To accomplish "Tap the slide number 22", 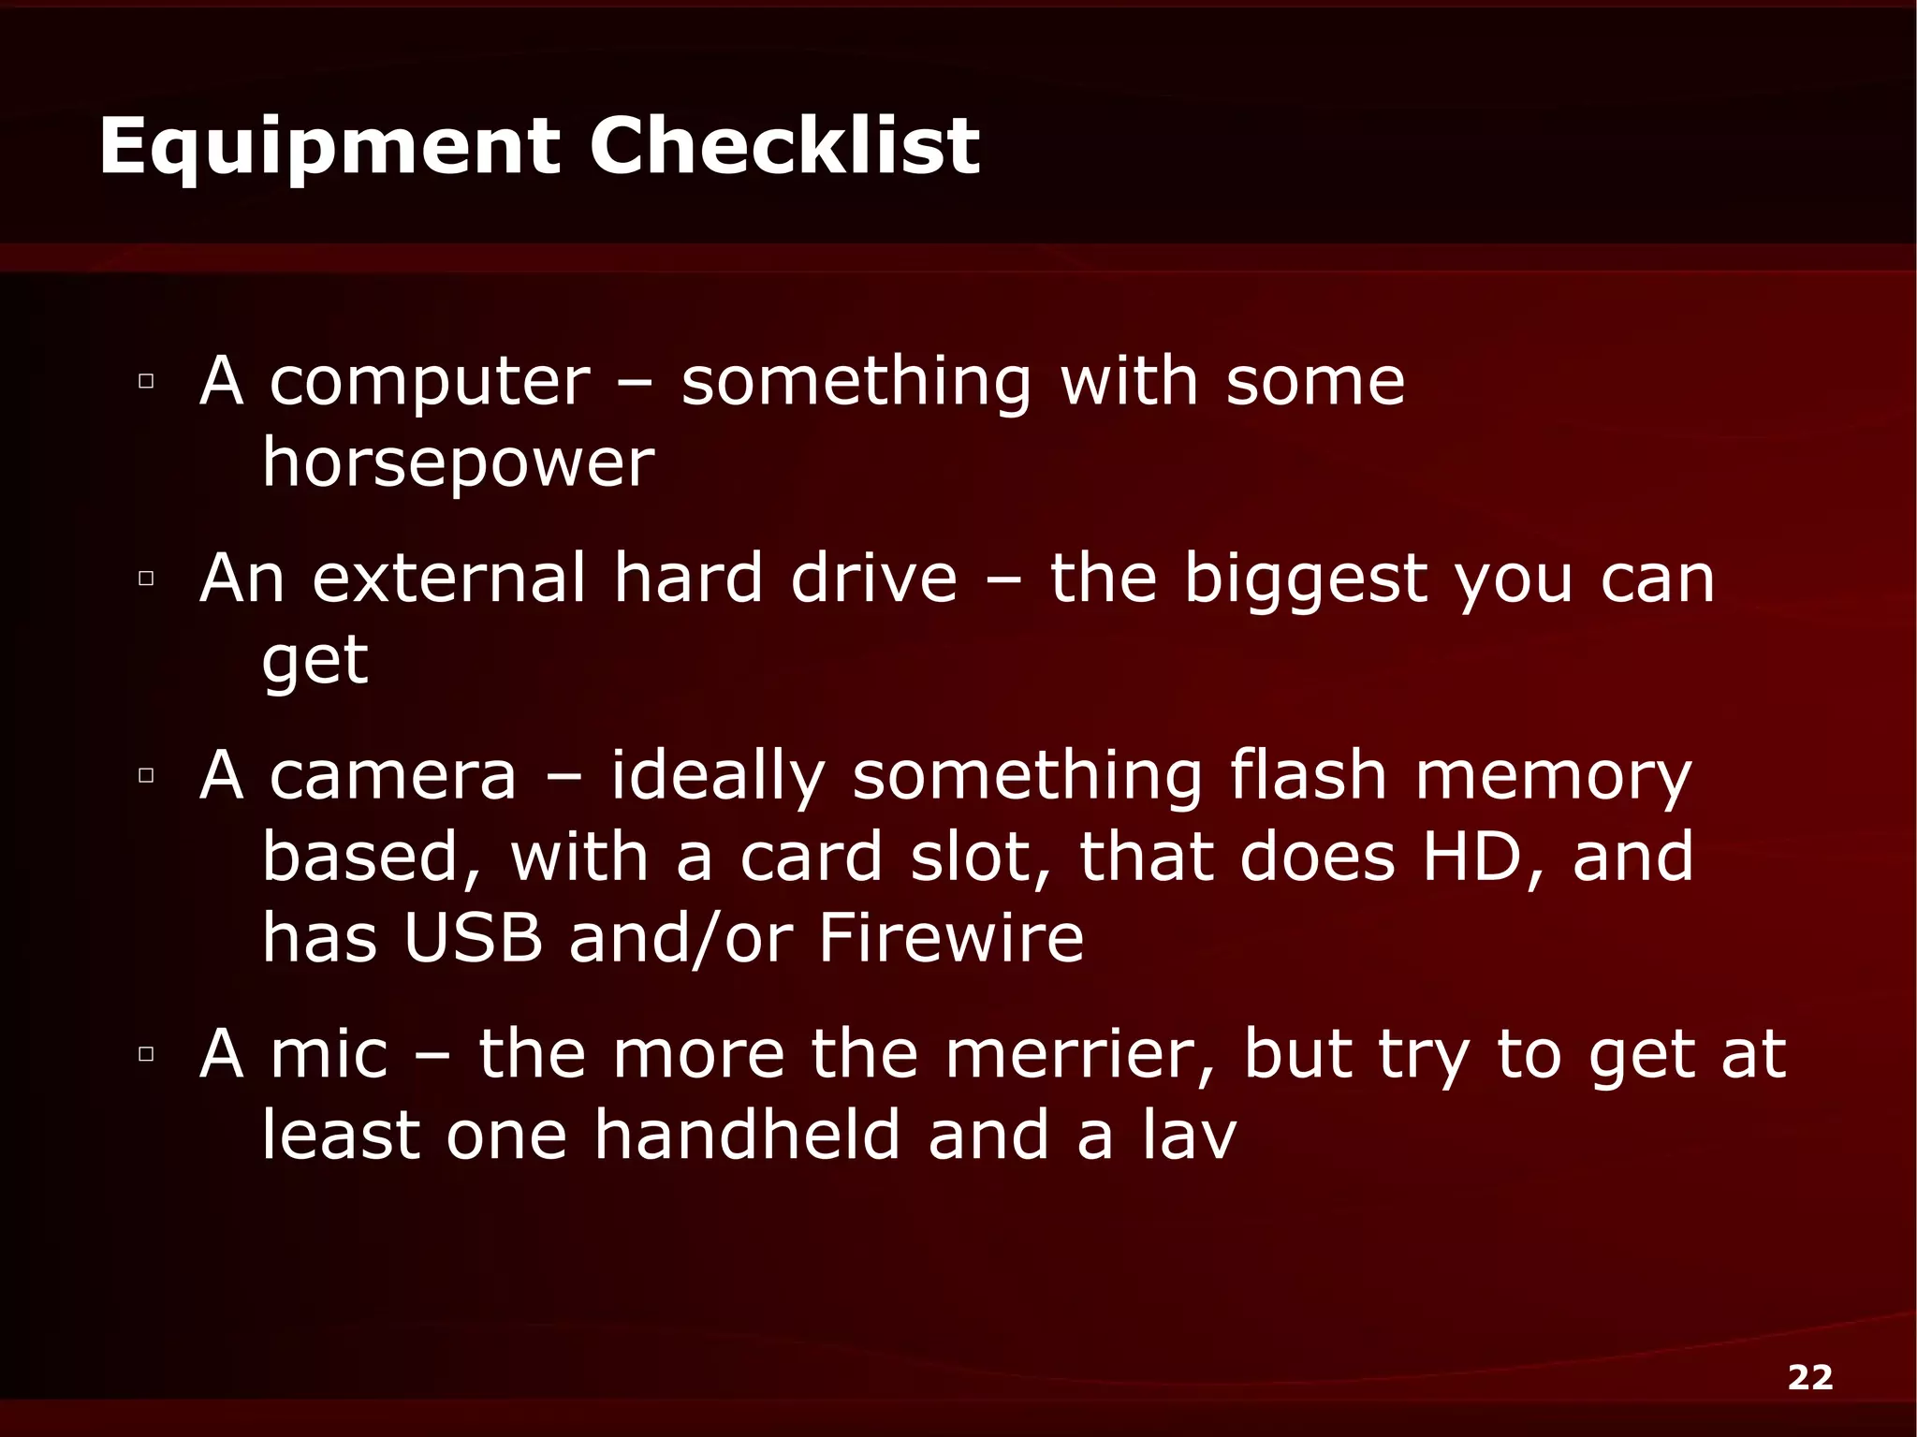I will pos(1809,1377).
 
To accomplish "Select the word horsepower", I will pos(459,463).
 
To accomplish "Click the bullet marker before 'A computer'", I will pos(145,381).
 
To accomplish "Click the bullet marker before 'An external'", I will pos(145,578).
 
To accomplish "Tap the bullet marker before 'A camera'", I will pos(145,775).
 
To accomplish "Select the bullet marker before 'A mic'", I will pos(145,1053).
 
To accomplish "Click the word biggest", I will pos(1306,580).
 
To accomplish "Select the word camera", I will pos(393,777).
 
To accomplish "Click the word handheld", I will pos(747,1135).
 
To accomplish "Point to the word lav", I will pos(1190,1135).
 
